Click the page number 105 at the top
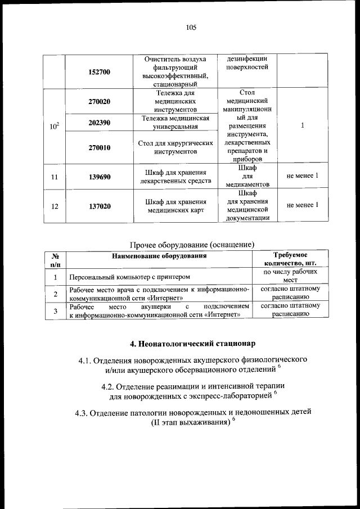pyautogui.click(x=191, y=26)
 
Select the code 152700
pyautogui.click(x=100, y=72)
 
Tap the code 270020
pyautogui.click(x=100, y=101)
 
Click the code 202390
pyautogui.click(x=100, y=122)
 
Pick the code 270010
pyautogui.click(x=100, y=147)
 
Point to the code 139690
pyautogui.click(x=100, y=177)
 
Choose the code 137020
pyautogui.click(x=100, y=206)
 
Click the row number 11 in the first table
pyautogui.click(x=55, y=177)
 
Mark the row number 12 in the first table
pyautogui.click(x=55, y=206)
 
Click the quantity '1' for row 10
pyautogui.click(x=302, y=126)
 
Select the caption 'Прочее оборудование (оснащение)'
pyautogui.click(x=192, y=244)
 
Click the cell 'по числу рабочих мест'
pyautogui.click(x=290, y=276)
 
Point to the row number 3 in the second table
pyautogui.click(x=55, y=311)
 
